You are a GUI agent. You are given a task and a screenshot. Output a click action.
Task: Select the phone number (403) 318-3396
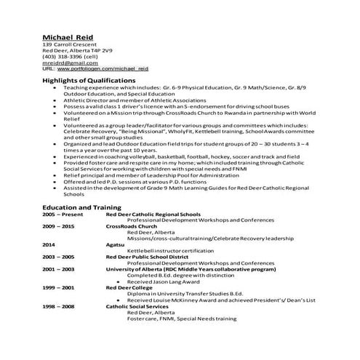70,56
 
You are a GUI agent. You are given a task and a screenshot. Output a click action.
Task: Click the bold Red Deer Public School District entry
151,257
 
